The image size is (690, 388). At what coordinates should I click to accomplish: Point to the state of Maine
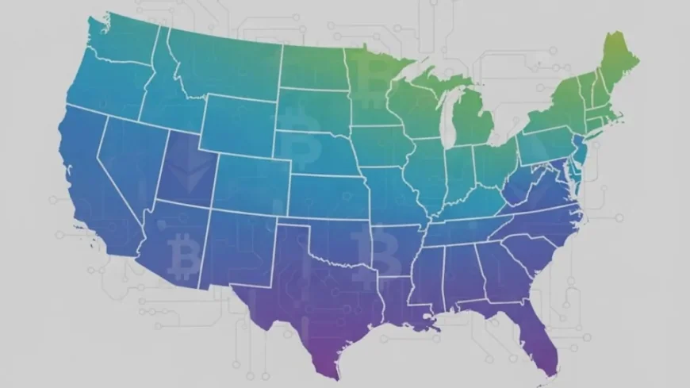(615, 67)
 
